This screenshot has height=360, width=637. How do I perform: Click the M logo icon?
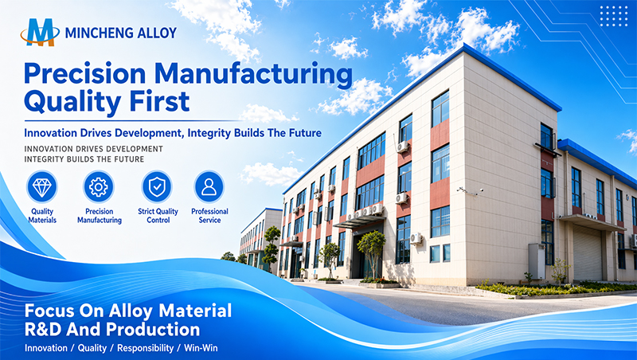click(39, 32)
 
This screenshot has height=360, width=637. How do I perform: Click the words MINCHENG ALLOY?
click(121, 33)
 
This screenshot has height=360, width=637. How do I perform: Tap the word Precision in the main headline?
click(85, 74)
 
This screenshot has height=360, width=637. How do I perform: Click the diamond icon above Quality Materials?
click(42, 187)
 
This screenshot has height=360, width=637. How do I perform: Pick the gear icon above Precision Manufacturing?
click(99, 187)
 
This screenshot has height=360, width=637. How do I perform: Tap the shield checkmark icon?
click(157, 187)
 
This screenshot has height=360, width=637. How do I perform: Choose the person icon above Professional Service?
click(209, 187)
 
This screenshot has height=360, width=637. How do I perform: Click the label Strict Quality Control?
click(158, 216)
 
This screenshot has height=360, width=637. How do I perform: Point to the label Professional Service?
click(209, 216)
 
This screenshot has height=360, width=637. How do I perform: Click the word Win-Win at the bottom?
click(201, 348)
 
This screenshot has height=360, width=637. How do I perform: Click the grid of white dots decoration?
click(614, 16)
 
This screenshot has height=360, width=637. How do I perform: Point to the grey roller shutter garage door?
click(588, 253)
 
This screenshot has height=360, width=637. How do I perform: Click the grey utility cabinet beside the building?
click(537, 261)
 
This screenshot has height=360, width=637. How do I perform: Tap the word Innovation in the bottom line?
click(46, 348)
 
